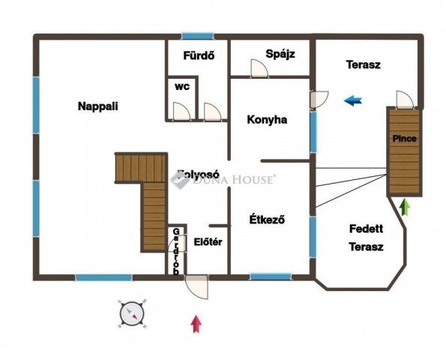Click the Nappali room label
[x=98, y=106]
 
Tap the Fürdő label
[x=199, y=55]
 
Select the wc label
[x=182, y=86]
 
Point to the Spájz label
[x=280, y=54]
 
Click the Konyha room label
[x=267, y=119]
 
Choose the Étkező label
[x=267, y=220]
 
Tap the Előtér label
[x=208, y=242]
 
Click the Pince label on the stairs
[x=405, y=139]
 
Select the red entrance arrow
[x=196, y=323]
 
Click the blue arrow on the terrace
[x=353, y=100]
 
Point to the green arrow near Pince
[x=405, y=207]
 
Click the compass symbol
[x=132, y=314]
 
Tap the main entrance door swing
[x=196, y=286]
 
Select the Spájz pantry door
[x=259, y=68]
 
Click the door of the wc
[x=181, y=111]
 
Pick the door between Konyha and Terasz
[x=319, y=99]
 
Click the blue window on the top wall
[x=197, y=36]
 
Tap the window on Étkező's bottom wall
[x=271, y=276]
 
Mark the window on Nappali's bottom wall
[x=104, y=277]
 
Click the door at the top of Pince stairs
[x=405, y=100]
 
